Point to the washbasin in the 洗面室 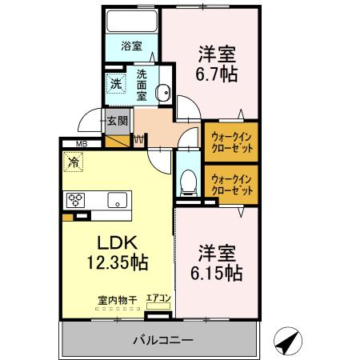(164, 91)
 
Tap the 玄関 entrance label (118, 121)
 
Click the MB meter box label (81, 144)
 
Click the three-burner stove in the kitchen (77, 201)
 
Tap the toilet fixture (189, 182)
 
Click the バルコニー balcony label (162, 340)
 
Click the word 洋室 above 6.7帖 (218, 54)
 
